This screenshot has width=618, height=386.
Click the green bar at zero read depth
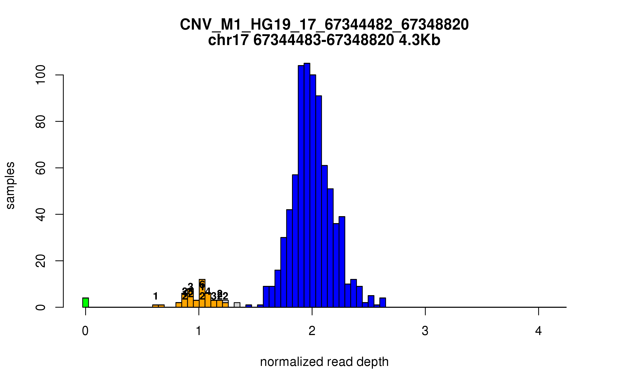click(x=85, y=303)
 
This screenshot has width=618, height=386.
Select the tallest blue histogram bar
click(x=307, y=185)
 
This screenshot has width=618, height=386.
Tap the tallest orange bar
click(x=202, y=293)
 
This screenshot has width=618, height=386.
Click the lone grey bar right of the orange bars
click(x=237, y=305)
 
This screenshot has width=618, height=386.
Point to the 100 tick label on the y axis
click(x=41, y=75)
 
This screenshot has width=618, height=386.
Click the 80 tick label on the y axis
click(x=41, y=121)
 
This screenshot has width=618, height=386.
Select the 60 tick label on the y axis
click(x=41, y=168)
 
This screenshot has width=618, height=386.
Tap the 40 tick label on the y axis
click(x=41, y=214)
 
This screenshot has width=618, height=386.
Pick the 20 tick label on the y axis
click(x=41, y=261)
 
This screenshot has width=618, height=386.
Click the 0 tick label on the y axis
click(x=41, y=307)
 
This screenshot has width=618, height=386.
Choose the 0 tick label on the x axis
click(x=85, y=331)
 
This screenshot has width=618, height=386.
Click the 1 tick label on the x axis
click(x=199, y=331)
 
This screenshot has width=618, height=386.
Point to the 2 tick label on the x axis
click(x=312, y=331)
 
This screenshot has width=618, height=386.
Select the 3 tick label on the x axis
click(x=425, y=331)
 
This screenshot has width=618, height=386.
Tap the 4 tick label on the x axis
click(x=538, y=331)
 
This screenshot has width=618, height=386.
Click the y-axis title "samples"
click(x=10, y=185)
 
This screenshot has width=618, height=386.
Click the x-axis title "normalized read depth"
click(x=324, y=362)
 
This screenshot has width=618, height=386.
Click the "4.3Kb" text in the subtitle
click(x=419, y=40)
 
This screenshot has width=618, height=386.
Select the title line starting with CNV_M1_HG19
click(x=324, y=24)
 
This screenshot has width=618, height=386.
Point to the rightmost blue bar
click(x=383, y=303)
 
